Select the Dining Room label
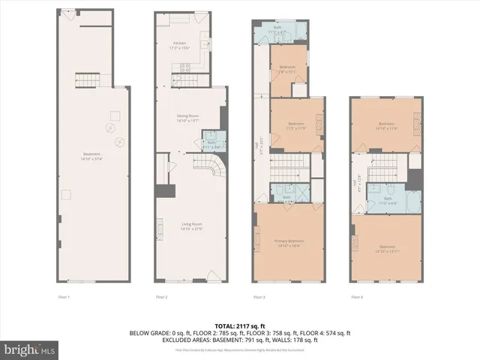click(187, 117)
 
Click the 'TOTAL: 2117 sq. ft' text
click(240, 325)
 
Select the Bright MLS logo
click(30, 349)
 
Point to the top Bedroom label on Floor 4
click(386, 125)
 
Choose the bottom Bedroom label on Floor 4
click(387, 247)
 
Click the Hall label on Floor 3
click(258, 151)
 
